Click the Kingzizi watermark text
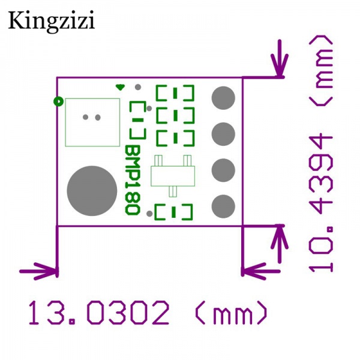[51, 22]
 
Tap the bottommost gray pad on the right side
[223, 206]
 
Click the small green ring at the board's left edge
[58, 101]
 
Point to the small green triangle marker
[120, 88]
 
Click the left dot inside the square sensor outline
[86, 117]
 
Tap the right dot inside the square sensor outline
[97, 117]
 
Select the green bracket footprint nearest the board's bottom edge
[174, 211]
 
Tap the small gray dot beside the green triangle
[137, 88]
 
